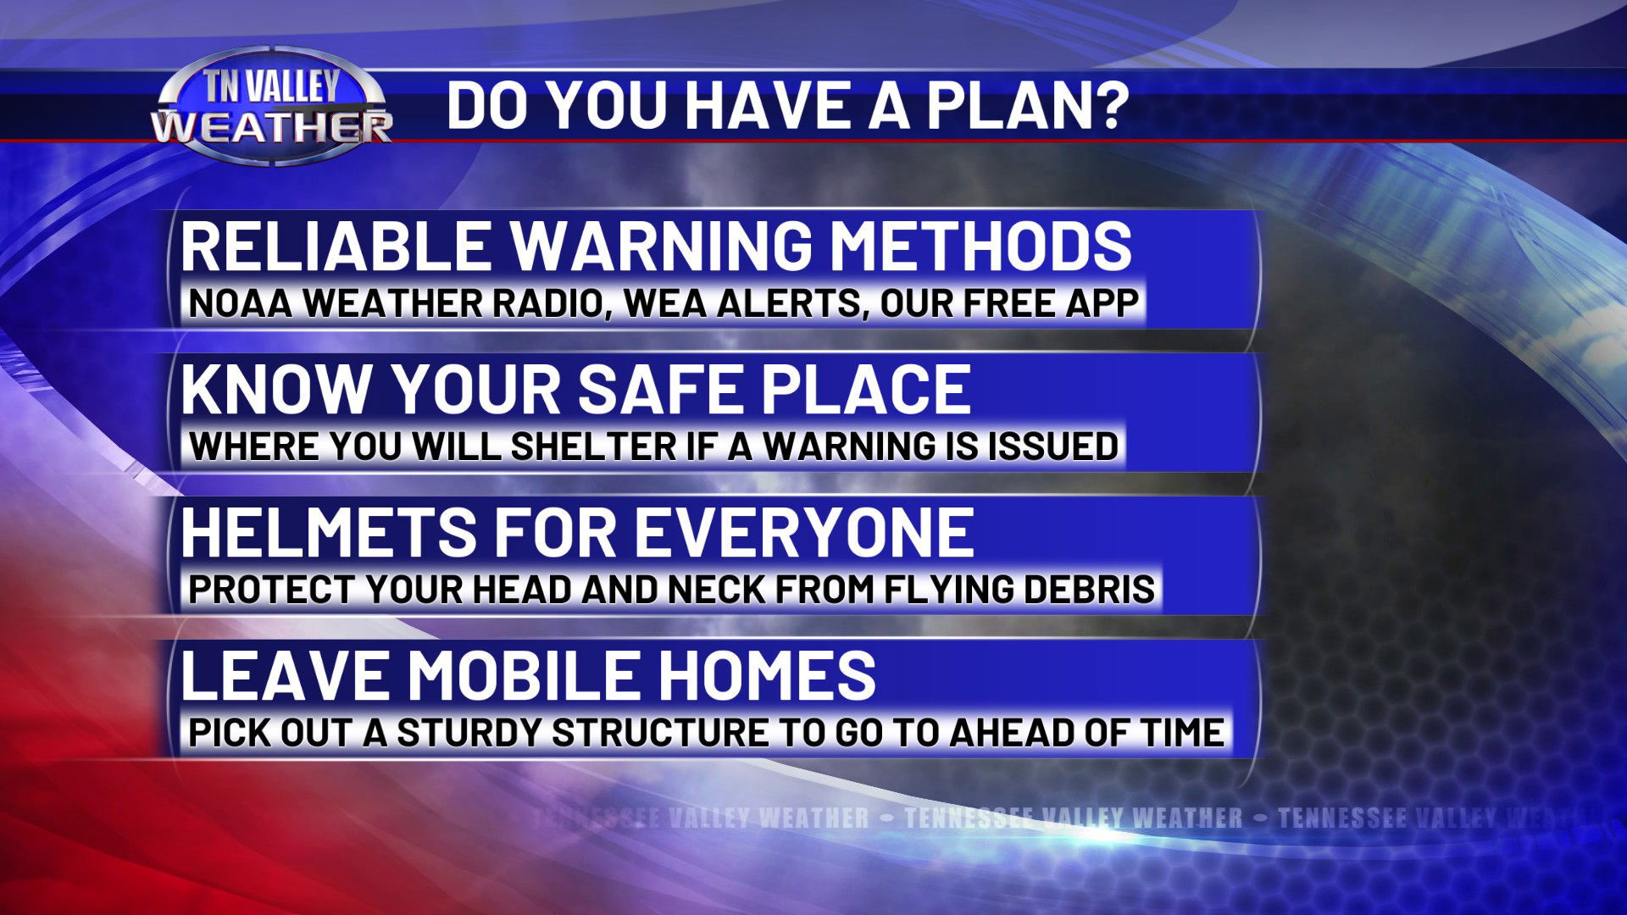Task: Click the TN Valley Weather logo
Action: [x=272, y=106]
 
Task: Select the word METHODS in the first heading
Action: [x=980, y=246]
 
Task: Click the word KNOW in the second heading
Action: [x=276, y=389]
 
